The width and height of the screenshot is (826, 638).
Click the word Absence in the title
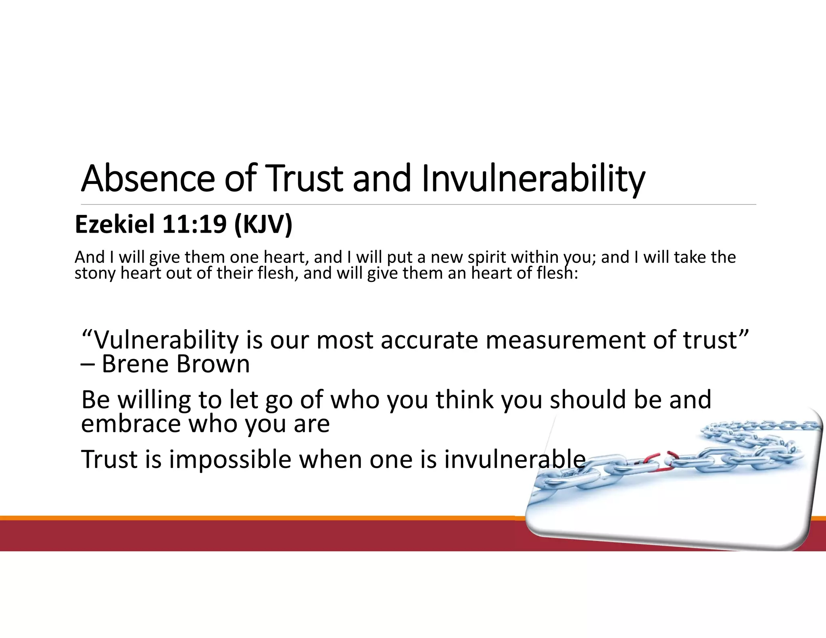[x=148, y=179]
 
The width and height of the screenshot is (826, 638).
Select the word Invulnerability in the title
[x=533, y=179]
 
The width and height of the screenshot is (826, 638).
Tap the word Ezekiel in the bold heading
[x=115, y=224]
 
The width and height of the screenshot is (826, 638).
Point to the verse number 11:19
[x=194, y=224]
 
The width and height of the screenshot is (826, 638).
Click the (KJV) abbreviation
[x=263, y=224]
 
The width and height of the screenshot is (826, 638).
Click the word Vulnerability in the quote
[x=167, y=340]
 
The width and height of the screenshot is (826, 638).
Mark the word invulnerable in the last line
[x=515, y=459]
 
